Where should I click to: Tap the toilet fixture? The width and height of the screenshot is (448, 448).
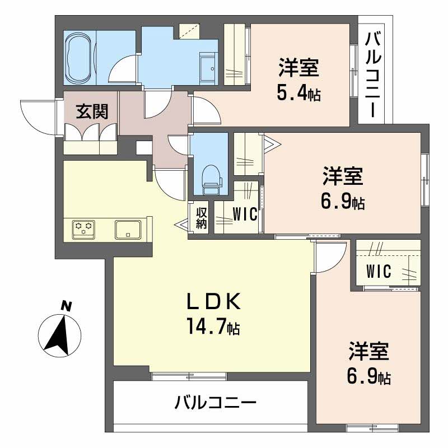(210, 175)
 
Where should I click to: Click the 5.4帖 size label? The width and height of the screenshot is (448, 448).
(298, 93)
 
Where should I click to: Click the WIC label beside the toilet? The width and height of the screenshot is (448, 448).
(245, 214)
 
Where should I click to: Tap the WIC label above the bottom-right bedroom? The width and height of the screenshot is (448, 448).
(379, 270)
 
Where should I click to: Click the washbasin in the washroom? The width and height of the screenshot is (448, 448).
(208, 68)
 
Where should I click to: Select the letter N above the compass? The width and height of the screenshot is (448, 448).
(66, 306)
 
